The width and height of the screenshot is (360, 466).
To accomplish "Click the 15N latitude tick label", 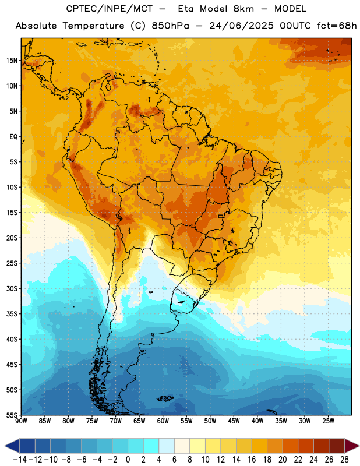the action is pos(12,61).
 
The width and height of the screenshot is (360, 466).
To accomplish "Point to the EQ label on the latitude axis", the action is pos(13,137).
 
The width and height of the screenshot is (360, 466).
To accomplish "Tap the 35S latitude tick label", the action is pos(12,314).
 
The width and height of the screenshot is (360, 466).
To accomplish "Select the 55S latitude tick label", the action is pos(12,415).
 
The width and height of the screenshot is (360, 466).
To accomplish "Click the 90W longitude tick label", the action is pos(21,421).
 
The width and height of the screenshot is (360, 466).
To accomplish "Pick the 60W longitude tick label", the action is pos(163,421).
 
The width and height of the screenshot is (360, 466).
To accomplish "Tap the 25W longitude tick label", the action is pos(329,421).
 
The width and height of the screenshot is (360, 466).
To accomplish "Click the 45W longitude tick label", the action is pos(234,421).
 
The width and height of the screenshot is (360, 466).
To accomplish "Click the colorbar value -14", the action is pos(20,460).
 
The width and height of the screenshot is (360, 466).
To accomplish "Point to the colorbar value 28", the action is pos(344,460).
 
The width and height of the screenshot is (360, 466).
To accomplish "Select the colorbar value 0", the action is pos(128,460).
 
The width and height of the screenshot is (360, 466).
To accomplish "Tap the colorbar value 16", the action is pos(252,460).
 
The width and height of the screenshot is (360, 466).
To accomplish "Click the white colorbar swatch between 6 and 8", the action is pos(182,446).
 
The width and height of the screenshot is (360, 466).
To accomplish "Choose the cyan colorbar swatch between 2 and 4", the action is pos(151,446).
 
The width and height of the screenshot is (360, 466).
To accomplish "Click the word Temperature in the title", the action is pos(93,26).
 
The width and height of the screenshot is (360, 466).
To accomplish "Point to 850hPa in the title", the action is pos(170,26).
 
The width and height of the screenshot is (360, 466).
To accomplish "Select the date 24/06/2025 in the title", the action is pos(241,26).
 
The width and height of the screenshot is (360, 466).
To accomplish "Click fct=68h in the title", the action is pos(337,26).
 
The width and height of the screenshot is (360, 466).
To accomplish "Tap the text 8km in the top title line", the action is pos(243,9).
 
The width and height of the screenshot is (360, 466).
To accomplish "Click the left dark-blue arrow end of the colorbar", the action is pos(12,446).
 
